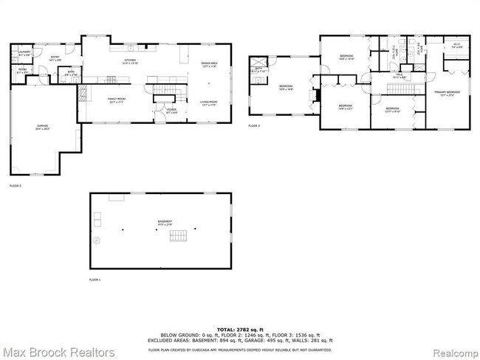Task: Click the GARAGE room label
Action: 38,127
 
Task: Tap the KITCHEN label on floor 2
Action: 131,60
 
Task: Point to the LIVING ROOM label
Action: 208,103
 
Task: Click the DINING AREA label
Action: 210,64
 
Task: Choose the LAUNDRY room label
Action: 24,52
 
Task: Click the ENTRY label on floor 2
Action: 55,58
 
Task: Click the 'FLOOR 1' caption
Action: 95,280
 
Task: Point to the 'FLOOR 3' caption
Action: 254,127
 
